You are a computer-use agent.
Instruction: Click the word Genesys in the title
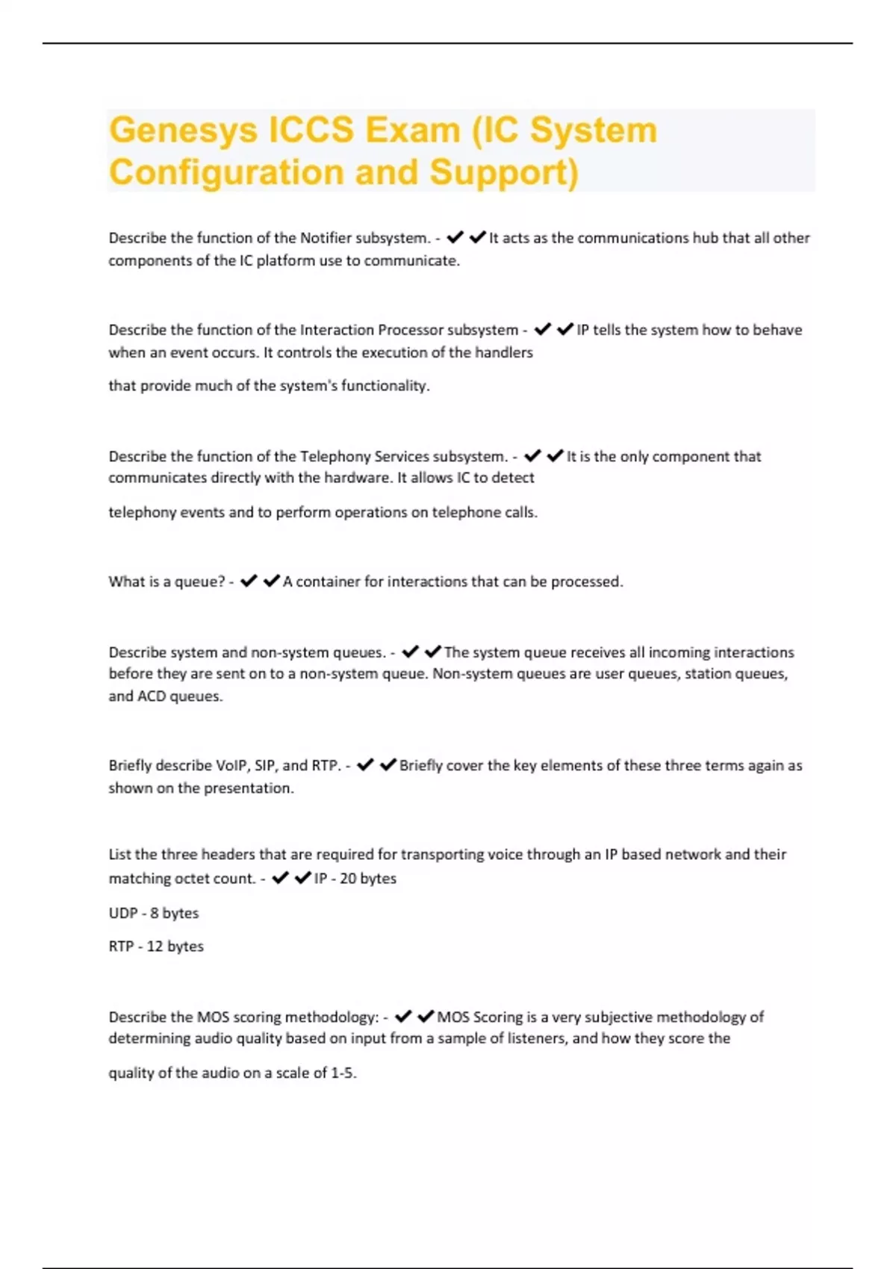point(183,131)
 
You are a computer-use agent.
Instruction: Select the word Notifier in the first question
point(326,238)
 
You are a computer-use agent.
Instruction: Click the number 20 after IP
point(348,879)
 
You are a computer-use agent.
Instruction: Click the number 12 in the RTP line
point(155,947)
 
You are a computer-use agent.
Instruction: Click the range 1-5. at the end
point(343,1073)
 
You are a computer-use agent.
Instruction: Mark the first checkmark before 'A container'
point(249,581)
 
